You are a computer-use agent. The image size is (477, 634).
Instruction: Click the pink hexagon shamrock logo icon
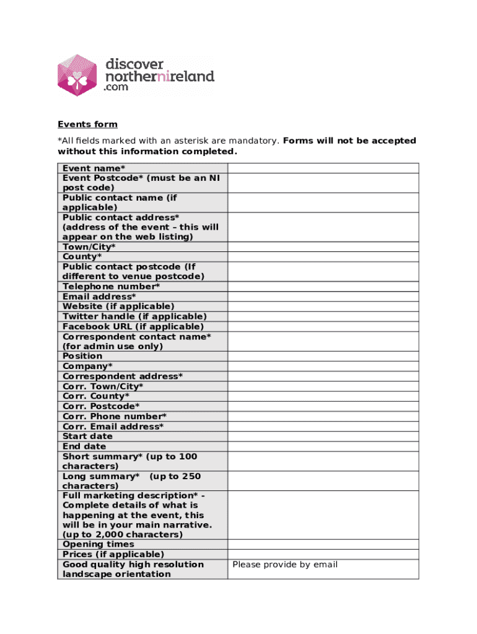click(x=77, y=75)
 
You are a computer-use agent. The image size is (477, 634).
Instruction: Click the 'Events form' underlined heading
click(x=87, y=124)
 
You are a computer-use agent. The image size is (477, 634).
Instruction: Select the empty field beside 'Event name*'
click(x=323, y=168)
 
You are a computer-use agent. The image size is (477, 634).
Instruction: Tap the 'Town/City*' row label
click(x=89, y=247)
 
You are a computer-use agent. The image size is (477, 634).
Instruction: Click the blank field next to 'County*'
click(x=323, y=256)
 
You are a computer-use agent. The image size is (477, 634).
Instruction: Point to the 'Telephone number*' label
click(x=111, y=287)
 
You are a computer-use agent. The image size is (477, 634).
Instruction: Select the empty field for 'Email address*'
click(x=323, y=297)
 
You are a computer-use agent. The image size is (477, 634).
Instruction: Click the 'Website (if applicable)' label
click(x=118, y=306)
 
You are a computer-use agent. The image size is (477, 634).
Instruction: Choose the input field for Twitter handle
click(x=323, y=316)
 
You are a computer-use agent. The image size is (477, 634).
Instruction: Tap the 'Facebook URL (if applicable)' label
click(x=133, y=326)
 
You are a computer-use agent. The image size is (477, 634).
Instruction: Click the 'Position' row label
click(x=82, y=356)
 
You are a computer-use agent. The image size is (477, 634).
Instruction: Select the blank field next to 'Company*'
click(x=323, y=366)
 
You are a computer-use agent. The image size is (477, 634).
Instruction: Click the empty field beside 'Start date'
click(x=323, y=436)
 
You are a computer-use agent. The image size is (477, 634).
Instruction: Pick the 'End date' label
click(x=84, y=446)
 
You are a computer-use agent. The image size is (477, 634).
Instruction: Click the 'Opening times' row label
click(x=98, y=544)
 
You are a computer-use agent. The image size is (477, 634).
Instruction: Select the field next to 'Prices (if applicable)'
click(x=323, y=554)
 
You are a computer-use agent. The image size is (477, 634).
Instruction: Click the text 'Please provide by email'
click(x=285, y=564)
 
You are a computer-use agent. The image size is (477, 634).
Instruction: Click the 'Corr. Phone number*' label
click(x=115, y=417)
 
